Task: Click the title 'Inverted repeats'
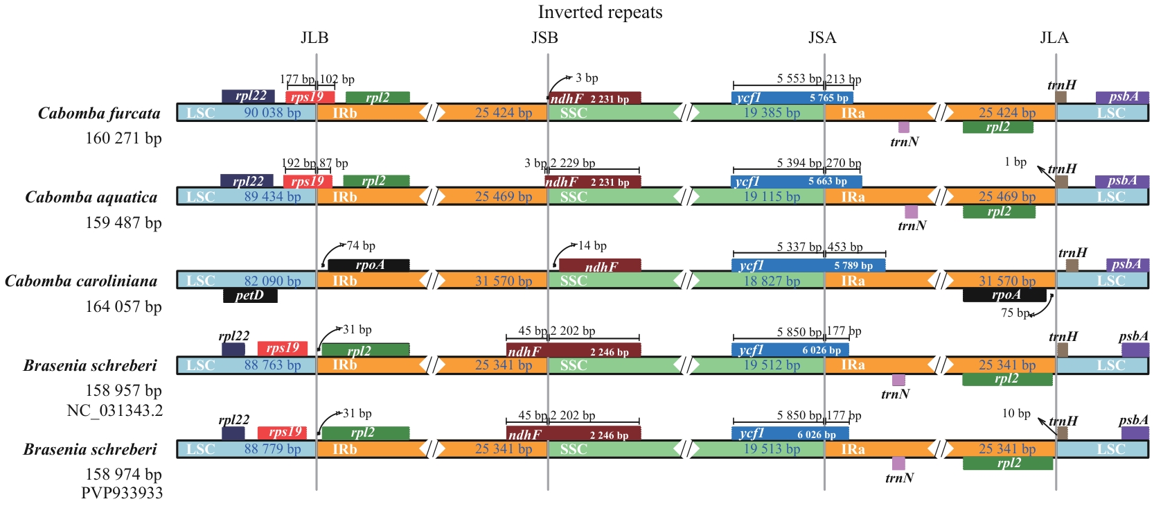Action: click(x=600, y=12)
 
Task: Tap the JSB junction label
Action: click(x=544, y=37)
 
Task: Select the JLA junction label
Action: click(x=1054, y=37)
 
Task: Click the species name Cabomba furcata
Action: click(x=99, y=114)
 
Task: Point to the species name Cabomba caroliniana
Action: click(x=81, y=281)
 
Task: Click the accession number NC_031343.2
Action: click(x=115, y=410)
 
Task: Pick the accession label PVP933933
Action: click(x=122, y=493)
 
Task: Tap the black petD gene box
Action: click(x=250, y=296)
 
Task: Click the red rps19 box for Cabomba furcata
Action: click(x=310, y=97)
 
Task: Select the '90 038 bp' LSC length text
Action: click(x=272, y=113)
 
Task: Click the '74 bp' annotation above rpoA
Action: click(x=361, y=246)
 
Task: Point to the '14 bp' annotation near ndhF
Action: click(x=592, y=246)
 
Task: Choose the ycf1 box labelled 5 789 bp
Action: click(x=808, y=265)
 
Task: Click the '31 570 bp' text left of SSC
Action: click(x=504, y=281)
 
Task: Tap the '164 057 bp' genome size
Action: click(x=123, y=306)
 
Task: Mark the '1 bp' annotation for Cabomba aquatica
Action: click(x=1015, y=162)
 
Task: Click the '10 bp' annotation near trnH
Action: click(x=1016, y=413)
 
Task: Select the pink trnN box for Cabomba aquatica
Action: click(x=912, y=212)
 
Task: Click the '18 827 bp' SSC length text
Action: click(x=772, y=281)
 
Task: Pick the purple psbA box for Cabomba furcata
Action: click(x=1122, y=97)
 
